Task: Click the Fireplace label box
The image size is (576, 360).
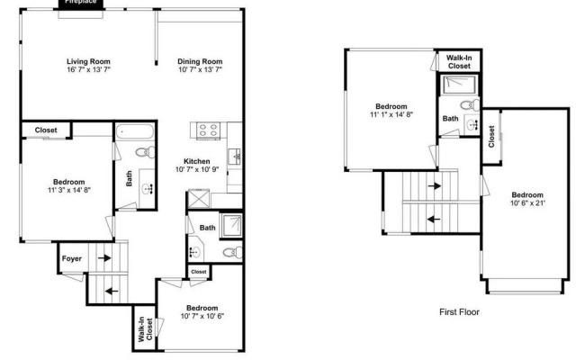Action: click(81, 4)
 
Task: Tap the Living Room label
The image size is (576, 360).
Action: click(88, 61)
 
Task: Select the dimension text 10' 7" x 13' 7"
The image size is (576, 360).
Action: click(200, 69)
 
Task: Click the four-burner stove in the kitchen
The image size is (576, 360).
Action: click(208, 130)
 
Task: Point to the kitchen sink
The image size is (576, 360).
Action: click(234, 157)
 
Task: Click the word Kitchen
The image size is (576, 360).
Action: click(197, 161)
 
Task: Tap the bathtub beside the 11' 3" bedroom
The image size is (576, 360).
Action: click(134, 131)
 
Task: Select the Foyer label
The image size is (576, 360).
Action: click(72, 258)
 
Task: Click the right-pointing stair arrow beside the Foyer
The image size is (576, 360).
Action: click(104, 258)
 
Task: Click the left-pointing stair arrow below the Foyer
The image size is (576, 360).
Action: click(112, 292)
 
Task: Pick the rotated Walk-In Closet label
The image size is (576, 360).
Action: click(145, 329)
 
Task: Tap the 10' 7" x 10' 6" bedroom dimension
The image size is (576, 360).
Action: click(202, 316)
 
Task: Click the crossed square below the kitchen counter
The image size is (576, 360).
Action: click(199, 199)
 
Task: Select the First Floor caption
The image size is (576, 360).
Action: click(459, 312)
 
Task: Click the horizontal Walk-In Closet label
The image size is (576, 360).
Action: click(459, 62)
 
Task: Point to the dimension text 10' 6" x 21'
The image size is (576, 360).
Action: click(528, 202)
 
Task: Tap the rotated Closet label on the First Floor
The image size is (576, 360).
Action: click(491, 136)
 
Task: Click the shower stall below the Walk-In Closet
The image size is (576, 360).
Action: click(460, 85)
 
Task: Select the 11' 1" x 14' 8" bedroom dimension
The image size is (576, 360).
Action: click(391, 114)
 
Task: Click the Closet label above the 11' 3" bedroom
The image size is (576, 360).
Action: click(46, 130)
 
